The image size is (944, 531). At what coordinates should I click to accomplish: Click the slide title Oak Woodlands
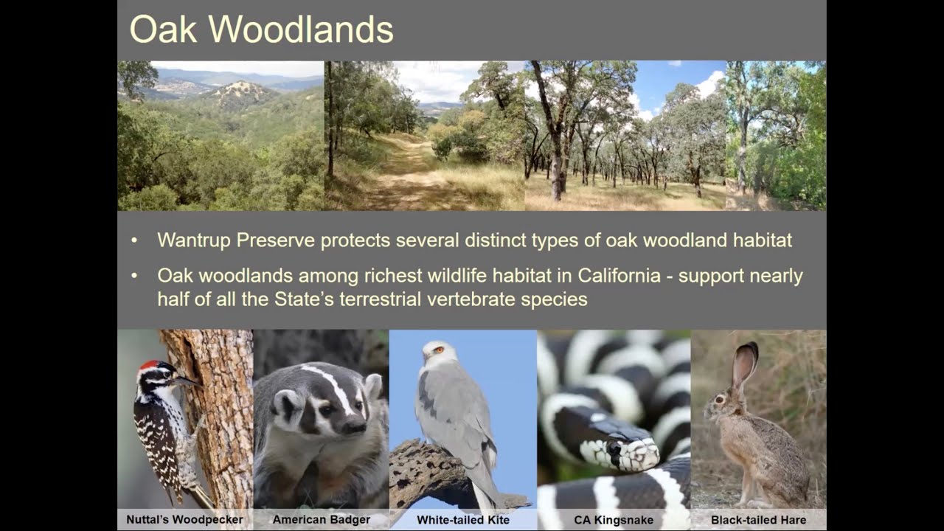[261, 30]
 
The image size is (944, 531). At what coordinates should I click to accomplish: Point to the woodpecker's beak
[187, 381]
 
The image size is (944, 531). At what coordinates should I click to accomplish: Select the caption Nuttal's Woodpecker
[184, 520]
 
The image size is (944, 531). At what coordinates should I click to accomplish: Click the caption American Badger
[322, 520]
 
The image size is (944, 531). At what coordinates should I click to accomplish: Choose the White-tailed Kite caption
[462, 520]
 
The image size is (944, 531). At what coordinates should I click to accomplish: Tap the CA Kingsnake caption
[614, 520]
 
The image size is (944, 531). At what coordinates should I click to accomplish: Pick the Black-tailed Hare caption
[758, 520]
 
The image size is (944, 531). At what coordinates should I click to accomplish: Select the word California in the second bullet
[619, 276]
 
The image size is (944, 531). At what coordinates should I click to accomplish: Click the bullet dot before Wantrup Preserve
[134, 240]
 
